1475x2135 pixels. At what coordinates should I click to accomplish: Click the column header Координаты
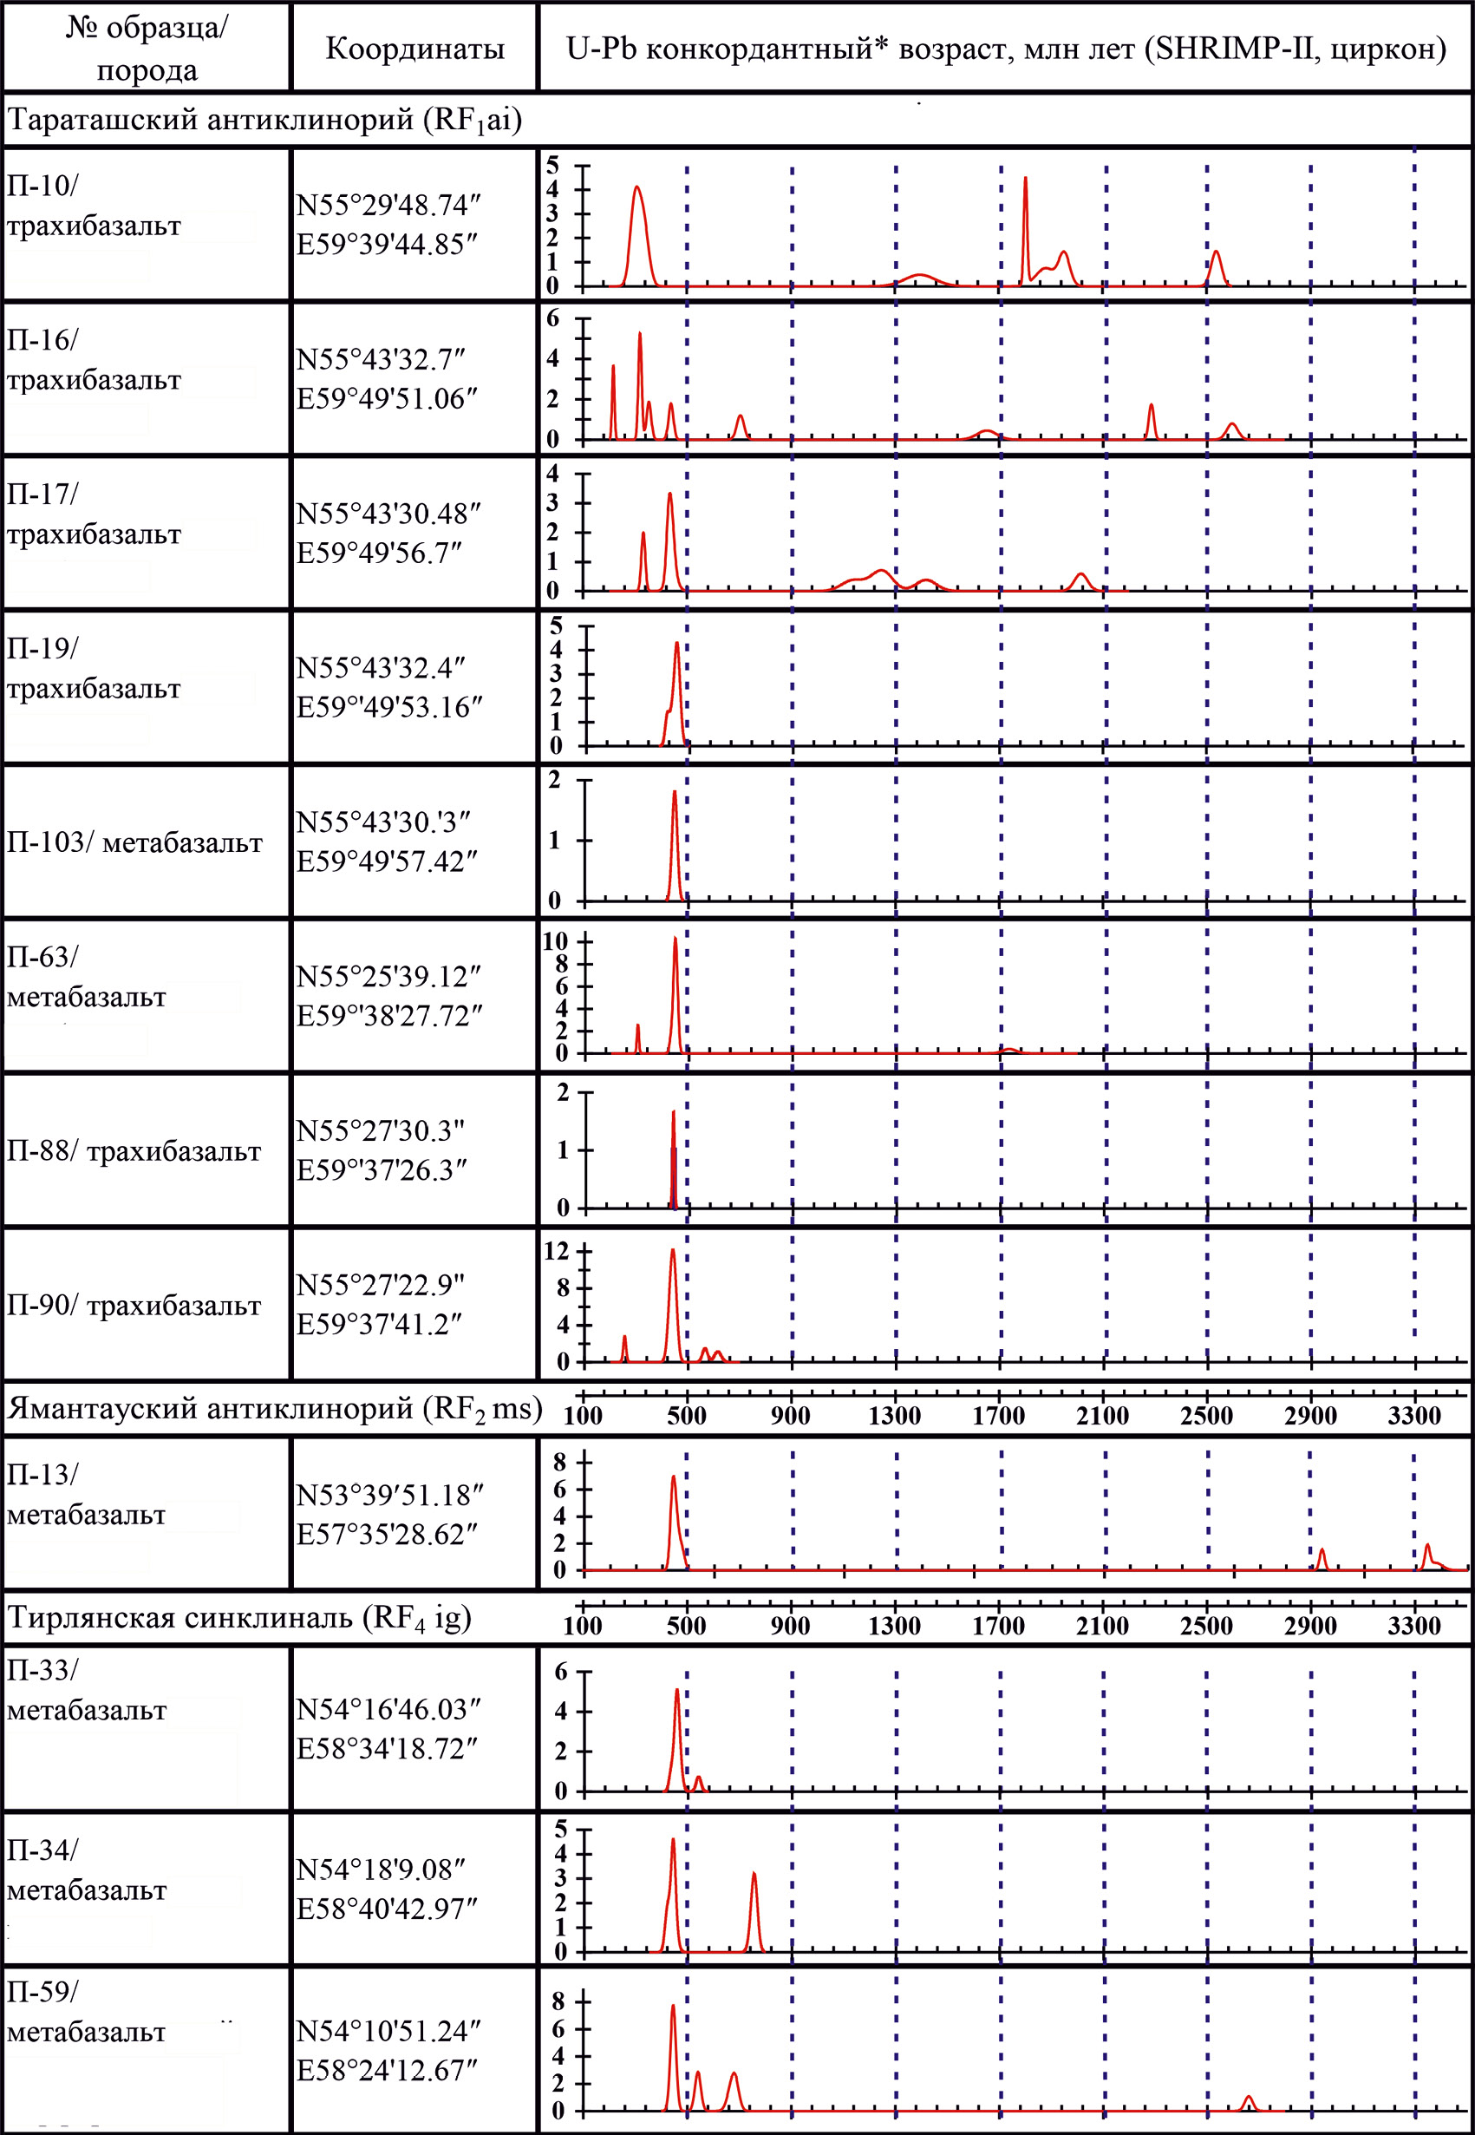click(x=415, y=48)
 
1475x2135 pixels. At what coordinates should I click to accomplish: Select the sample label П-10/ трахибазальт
click(x=94, y=206)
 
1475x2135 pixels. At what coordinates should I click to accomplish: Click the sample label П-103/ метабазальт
click(x=135, y=842)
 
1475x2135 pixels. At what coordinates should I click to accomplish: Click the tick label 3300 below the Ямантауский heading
click(x=1414, y=1416)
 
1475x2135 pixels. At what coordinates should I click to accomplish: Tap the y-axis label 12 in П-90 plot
click(x=557, y=1251)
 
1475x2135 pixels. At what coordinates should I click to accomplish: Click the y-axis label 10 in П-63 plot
click(x=554, y=941)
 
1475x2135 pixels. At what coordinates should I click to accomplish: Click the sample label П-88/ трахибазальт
click(x=134, y=1151)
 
